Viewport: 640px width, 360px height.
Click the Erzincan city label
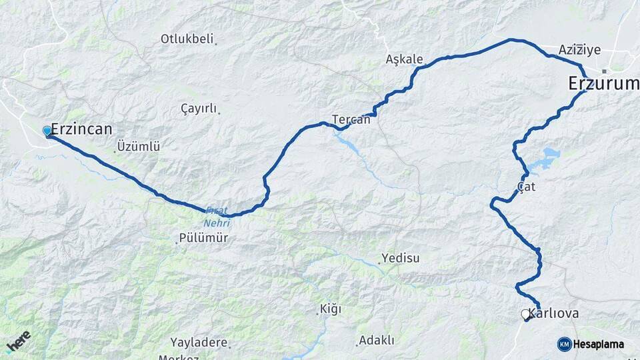point(81,129)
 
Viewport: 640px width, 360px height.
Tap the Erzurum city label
point(603,83)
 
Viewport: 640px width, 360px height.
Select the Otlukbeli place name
point(187,39)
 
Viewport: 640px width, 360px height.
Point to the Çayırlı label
point(199,109)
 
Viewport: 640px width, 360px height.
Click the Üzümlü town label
point(138,146)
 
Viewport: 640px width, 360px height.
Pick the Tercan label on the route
point(351,119)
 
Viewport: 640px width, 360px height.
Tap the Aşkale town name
point(404,59)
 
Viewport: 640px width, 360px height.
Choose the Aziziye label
point(580,49)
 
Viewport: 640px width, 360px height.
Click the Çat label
point(526,187)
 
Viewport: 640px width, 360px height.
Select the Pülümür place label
point(203,238)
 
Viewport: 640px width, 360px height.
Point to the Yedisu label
point(400,258)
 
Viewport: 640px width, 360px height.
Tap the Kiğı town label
point(330,309)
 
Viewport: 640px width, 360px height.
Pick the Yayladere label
point(199,343)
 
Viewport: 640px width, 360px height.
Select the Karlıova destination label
point(553,313)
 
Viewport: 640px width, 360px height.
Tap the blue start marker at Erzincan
point(47,131)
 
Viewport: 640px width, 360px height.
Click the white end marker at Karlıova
point(525,313)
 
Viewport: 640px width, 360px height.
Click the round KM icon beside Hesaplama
point(564,344)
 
